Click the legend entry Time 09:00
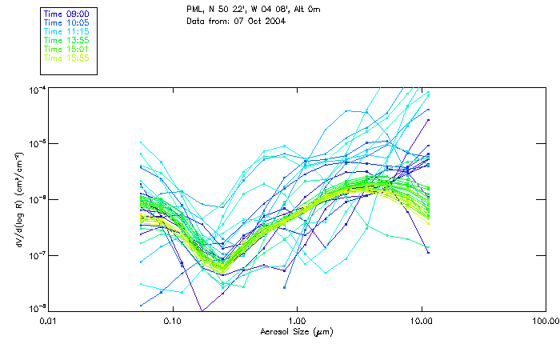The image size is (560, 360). pos(66,14)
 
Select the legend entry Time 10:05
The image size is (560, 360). pos(66,23)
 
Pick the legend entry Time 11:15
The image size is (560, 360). pos(66,31)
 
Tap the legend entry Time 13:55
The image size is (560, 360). pos(66,40)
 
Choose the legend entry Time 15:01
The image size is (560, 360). pos(66,49)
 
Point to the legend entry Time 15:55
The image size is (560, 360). pos(66,58)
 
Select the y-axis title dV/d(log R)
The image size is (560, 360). pos(15,198)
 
